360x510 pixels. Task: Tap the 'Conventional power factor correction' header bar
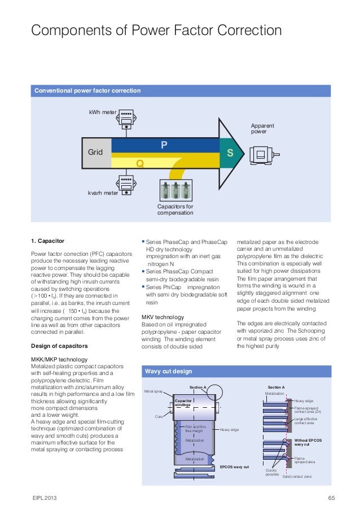tap(87, 90)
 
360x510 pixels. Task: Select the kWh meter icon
tap(126, 118)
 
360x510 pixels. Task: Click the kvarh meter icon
tap(126, 183)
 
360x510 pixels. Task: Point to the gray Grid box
tap(95, 152)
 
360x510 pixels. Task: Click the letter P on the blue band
tap(164, 145)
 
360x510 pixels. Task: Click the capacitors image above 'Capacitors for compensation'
tap(175, 191)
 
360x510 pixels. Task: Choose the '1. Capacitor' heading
tap(47, 241)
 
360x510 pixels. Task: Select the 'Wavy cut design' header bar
tap(168, 371)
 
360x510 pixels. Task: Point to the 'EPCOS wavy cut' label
tap(234, 467)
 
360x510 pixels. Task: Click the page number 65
tap(331, 498)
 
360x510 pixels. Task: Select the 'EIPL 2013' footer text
tap(44, 498)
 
